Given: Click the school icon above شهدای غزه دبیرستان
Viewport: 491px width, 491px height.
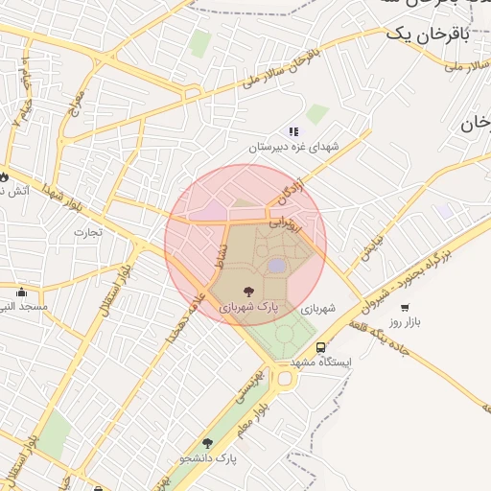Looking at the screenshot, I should [293, 131].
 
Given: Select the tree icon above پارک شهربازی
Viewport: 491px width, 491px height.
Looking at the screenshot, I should [249, 291].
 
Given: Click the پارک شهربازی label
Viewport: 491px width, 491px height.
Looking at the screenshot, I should [247, 309].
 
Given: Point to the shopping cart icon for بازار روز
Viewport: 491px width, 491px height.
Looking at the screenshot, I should [405, 308].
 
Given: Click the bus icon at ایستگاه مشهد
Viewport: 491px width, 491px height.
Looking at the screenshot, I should [321, 348].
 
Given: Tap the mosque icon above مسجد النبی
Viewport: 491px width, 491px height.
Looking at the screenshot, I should [22, 291].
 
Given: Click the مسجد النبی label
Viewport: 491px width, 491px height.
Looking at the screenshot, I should [25, 307].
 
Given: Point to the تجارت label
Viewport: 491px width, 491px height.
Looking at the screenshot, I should [87, 231].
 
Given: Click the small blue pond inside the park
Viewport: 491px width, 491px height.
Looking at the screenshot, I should [276, 265].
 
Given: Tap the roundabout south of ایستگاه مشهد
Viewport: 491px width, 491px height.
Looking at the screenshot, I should [284, 379].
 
